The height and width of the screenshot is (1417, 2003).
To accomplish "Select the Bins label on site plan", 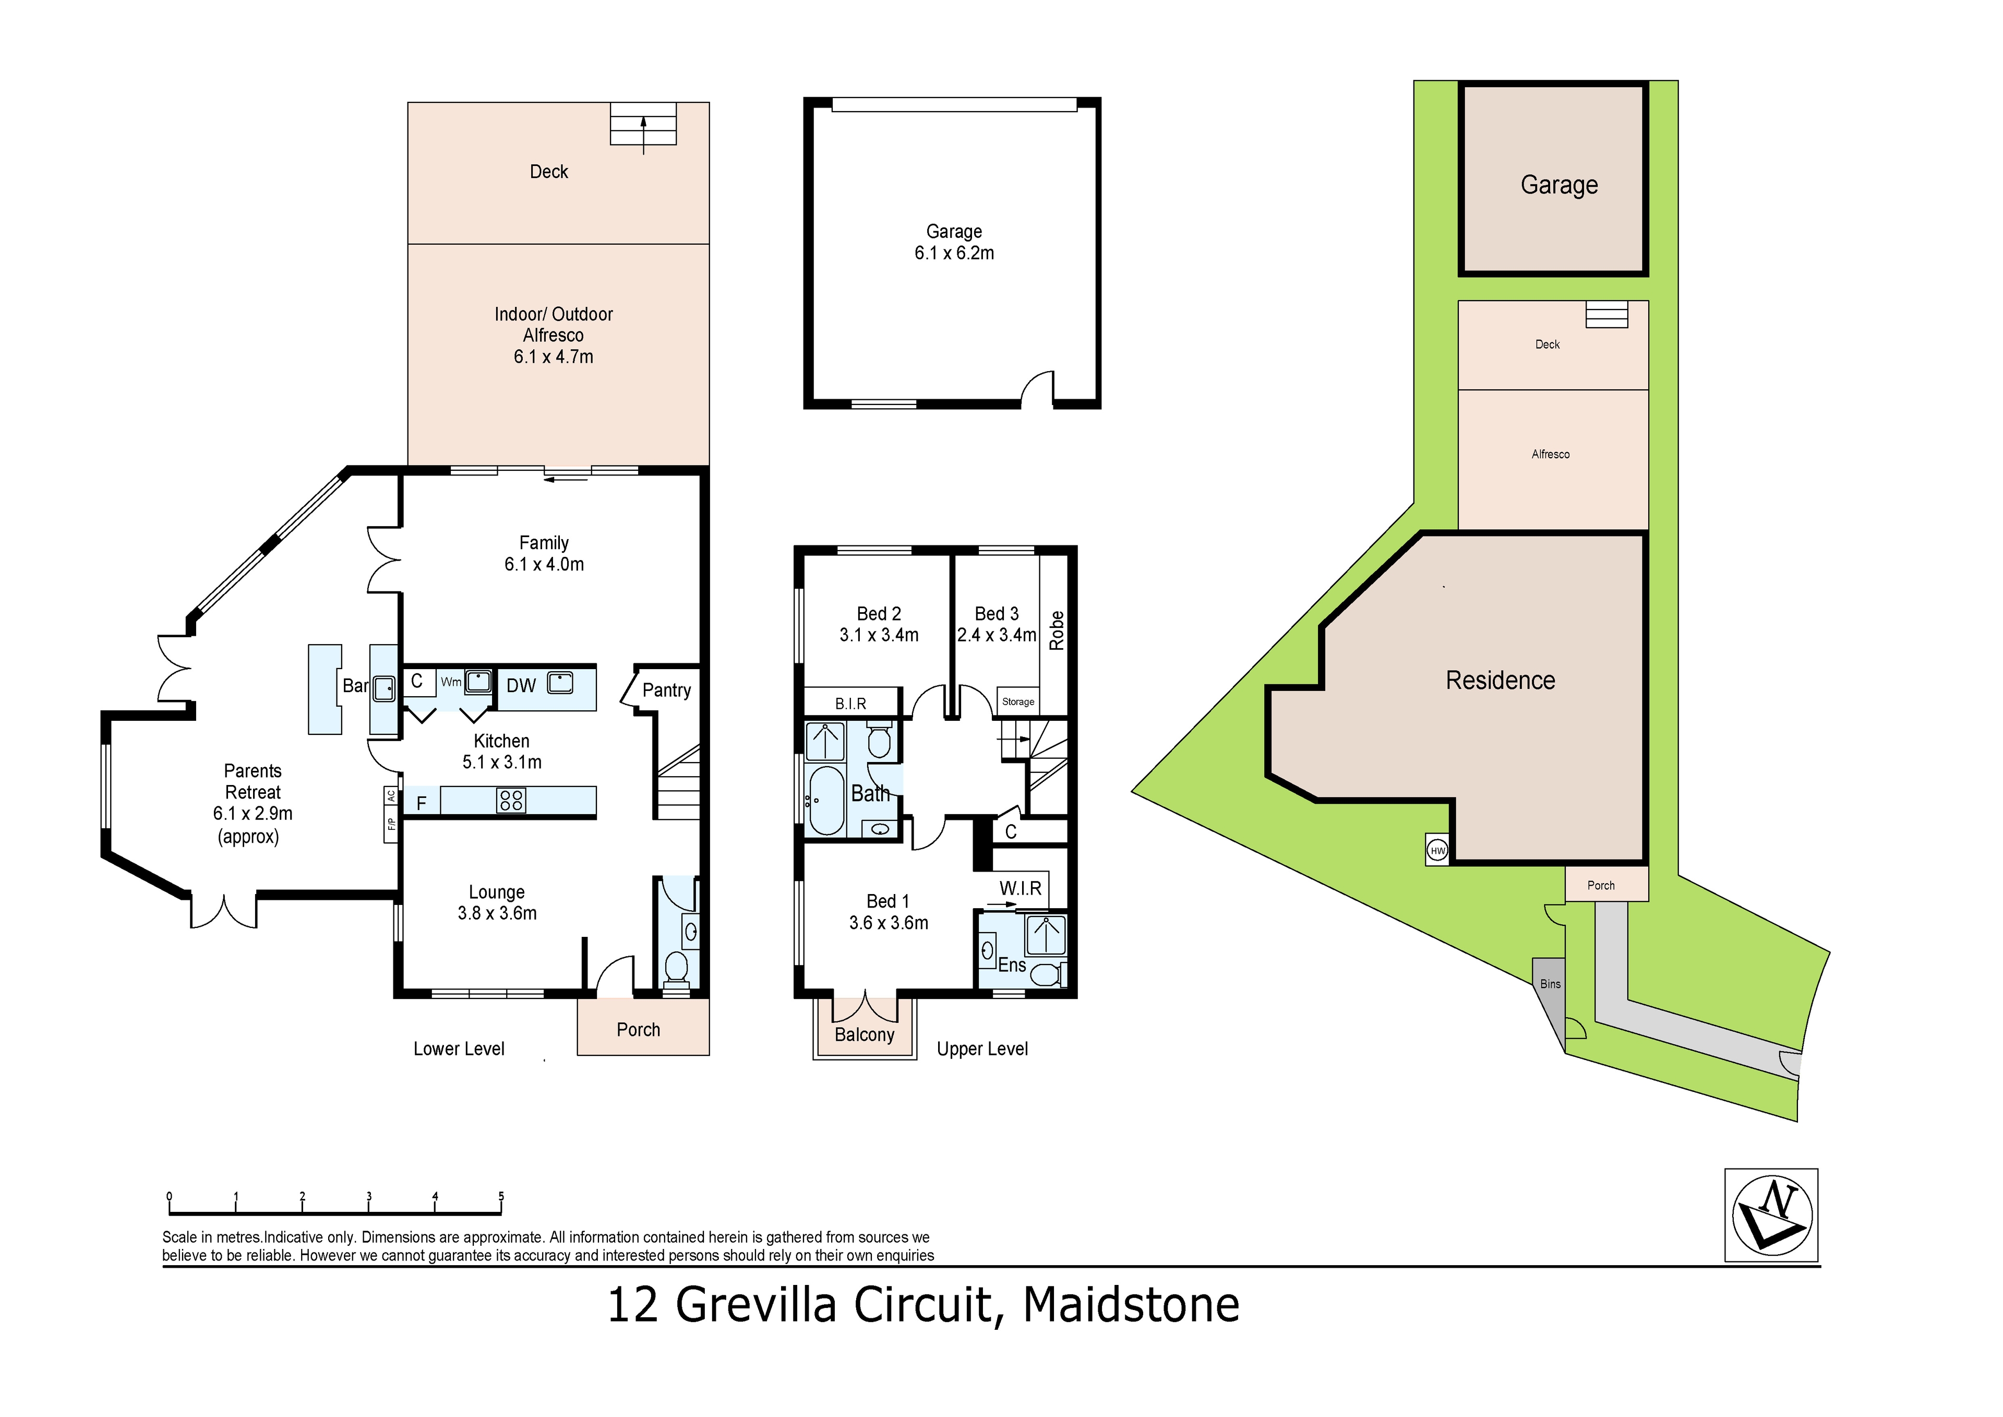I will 1550,984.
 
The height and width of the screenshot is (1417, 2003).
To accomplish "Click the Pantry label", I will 666,690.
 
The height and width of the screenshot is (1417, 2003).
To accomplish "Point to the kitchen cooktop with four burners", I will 511,800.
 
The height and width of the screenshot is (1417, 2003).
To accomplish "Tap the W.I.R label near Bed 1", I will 1020,888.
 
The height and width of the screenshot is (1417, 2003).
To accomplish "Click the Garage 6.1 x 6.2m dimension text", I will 954,253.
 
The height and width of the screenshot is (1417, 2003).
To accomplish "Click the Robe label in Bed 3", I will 1057,630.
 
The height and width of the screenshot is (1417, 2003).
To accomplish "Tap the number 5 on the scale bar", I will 501,1196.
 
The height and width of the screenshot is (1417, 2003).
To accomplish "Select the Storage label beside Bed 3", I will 1018,701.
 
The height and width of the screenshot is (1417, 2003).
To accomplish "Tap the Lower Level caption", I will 459,1049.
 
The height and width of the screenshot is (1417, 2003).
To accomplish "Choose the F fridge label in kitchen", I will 422,803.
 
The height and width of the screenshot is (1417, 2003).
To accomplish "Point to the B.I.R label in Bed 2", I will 850,703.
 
